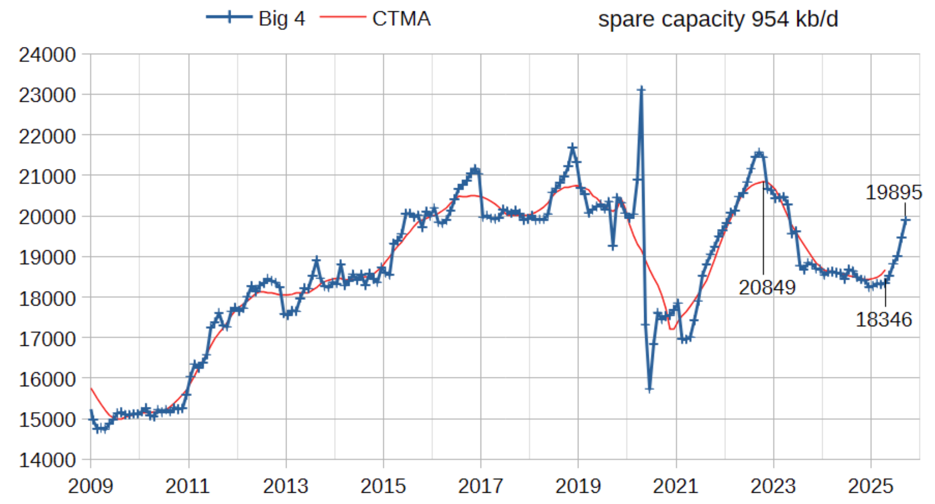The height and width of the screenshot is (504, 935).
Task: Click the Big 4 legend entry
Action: pos(256,19)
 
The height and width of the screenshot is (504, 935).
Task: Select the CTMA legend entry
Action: pos(376,19)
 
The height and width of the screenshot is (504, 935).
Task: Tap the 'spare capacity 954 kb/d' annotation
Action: pos(717,19)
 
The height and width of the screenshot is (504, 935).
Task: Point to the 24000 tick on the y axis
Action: pos(47,55)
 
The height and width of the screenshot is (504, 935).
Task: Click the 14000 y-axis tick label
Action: pos(47,460)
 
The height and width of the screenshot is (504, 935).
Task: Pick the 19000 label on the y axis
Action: pos(47,258)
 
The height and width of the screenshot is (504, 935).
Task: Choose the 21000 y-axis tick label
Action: pos(47,176)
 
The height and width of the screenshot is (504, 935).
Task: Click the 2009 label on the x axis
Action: pos(91,486)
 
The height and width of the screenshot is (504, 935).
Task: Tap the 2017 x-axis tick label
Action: pos(481,486)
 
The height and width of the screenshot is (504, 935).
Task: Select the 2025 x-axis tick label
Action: pos(871,486)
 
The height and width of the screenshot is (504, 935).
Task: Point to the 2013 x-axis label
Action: pos(286,486)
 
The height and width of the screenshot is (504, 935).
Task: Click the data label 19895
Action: pos(894,193)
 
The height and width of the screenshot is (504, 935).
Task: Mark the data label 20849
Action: pos(767,288)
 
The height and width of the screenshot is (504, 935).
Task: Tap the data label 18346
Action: pos(883,320)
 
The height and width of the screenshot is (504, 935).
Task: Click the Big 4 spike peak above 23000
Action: pos(641,89)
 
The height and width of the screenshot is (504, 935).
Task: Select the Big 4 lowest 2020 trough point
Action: pos(649,389)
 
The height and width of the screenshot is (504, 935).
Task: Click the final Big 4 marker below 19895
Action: pos(905,220)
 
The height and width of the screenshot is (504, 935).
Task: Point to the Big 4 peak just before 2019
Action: pos(572,147)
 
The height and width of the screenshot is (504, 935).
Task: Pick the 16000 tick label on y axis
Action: pos(47,379)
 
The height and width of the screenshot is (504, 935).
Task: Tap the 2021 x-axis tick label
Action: pos(676,486)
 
